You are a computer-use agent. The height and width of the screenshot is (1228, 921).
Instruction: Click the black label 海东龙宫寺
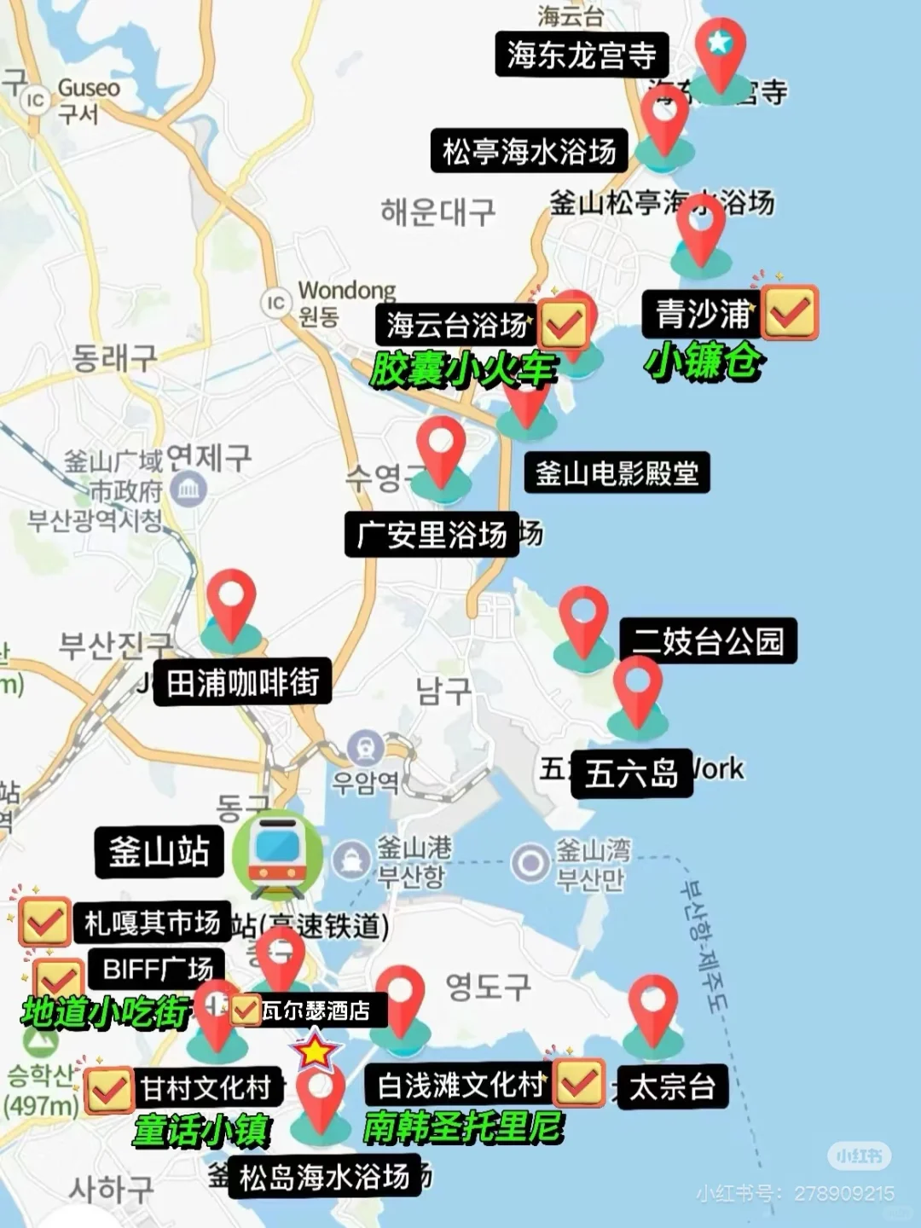581,55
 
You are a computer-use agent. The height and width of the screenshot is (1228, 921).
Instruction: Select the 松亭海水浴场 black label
529,152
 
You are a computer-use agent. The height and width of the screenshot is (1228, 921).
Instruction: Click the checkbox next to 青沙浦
790,313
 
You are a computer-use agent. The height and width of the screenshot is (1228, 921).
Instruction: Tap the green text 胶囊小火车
463,371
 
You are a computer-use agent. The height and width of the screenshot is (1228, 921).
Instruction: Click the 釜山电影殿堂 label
617,473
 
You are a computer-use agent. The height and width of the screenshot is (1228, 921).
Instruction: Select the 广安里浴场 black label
432,536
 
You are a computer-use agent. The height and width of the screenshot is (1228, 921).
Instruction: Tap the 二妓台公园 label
708,641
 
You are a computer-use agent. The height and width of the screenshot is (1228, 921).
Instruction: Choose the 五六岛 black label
631,773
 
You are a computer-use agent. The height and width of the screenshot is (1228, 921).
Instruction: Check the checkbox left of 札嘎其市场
44,921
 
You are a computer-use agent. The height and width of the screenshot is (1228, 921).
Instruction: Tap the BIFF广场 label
157,970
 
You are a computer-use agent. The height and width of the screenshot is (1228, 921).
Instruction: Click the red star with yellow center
316,1052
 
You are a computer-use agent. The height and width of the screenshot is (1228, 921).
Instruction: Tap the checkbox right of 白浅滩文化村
579,1083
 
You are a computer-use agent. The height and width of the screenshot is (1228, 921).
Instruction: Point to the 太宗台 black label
671,1086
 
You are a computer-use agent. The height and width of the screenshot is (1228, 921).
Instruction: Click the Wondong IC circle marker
275,304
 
